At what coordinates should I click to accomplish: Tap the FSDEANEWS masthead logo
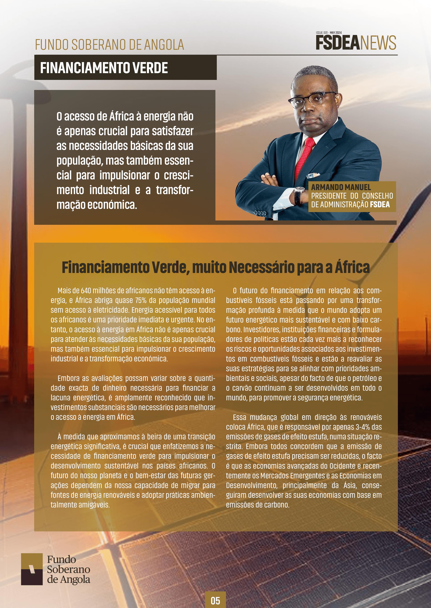click(356, 43)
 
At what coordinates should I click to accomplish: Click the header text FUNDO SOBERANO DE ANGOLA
click(109, 45)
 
